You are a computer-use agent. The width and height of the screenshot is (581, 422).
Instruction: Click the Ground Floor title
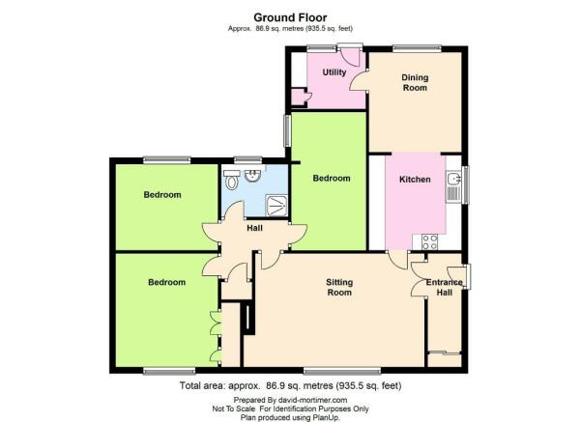coord(290,17)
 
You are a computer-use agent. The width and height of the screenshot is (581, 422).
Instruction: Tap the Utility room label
coord(334,72)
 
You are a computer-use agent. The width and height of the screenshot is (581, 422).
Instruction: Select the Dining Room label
coord(415,82)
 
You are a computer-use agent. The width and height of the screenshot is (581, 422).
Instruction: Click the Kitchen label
coord(415,180)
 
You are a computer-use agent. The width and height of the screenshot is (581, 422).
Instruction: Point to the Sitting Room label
coord(339,287)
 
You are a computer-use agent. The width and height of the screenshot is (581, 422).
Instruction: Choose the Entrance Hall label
coord(445,287)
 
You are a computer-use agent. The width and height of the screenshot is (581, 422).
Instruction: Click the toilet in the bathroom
coord(232,180)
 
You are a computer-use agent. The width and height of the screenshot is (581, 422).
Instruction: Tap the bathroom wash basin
coord(253,176)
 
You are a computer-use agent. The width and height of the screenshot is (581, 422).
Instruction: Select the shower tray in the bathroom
coord(276,206)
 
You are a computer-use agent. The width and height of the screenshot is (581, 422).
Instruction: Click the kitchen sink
coord(453,186)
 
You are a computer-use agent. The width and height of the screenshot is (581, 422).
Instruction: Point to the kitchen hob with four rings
coord(430,242)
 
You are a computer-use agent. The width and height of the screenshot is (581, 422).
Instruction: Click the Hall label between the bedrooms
coord(254,228)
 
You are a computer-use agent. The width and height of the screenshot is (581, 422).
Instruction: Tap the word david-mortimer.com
coord(312,400)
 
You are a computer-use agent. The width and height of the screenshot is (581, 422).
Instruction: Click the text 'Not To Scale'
coord(233,408)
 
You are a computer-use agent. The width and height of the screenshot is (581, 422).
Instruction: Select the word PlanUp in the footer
coord(328,417)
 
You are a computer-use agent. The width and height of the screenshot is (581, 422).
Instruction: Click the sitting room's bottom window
coord(342,370)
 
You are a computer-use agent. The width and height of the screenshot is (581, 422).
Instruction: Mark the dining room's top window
coord(418,48)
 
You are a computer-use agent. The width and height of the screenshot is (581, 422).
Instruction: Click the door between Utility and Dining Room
coord(359,79)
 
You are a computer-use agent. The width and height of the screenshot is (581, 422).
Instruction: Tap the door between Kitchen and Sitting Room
coord(397,260)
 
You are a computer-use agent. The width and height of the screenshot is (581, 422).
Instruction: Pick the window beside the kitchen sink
coord(465,184)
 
